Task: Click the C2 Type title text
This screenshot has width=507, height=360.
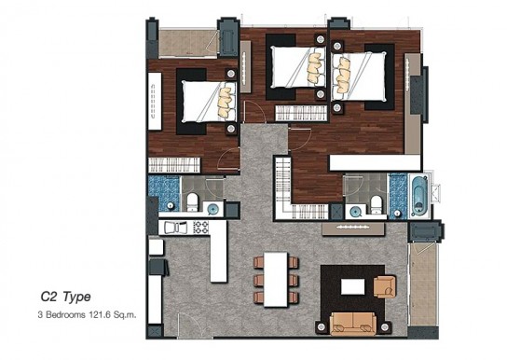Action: [65, 297]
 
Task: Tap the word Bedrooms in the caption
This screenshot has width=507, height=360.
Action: [65, 314]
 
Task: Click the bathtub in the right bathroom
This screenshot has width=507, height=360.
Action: [419, 196]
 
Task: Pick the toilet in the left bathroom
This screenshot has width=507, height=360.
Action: [192, 202]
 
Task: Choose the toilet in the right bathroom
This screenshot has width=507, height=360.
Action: [377, 205]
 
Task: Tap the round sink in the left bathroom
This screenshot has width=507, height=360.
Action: [212, 210]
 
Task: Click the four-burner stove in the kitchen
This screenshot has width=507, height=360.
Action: [200, 227]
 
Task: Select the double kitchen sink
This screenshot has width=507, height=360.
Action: [175, 228]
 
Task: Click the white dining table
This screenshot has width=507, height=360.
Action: [276, 280]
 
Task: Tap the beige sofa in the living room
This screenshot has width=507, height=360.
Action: [353, 323]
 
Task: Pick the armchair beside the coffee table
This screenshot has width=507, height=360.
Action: [385, 286]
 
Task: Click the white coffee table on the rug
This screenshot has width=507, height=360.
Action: [353, 287]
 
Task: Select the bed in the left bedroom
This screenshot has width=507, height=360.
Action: [209, 102]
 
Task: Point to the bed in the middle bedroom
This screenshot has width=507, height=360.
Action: [298, 67]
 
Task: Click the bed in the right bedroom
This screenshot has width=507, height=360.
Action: [359, 76]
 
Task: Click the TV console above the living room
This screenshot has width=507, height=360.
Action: [353, 228]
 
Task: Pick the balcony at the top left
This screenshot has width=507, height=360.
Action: [188, 43]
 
